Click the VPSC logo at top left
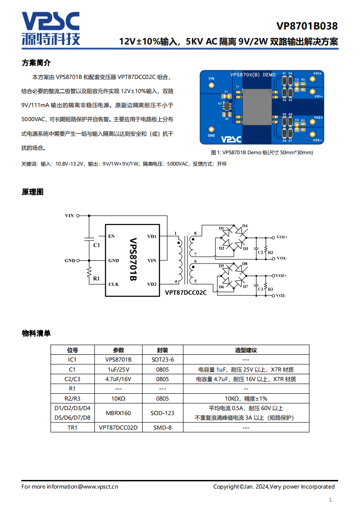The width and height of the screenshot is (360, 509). click(x=51, y=29)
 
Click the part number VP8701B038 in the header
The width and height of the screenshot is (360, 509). click(x=307, y=26)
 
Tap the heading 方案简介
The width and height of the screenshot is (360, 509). click(x=36, y=63)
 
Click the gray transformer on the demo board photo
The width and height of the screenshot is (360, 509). click(x=257, y=107)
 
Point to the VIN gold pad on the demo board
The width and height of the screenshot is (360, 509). click(x=212, y=85)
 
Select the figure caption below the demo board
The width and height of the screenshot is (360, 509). click(x=262, y=152)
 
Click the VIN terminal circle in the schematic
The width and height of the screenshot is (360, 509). click(x=78, y=215)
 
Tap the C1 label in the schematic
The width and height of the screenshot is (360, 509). click(x=97, y=245)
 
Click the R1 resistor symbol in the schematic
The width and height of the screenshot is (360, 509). click(x=89, y=272)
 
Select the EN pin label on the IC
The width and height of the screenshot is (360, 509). click(x=111, y=236)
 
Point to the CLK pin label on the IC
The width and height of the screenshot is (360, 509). click(x=113, y=284)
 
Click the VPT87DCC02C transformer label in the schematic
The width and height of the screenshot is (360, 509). click(x=186, y=293)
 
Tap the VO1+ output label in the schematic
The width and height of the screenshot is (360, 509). click(x=282, y=237)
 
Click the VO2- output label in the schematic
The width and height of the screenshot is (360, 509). click(x=281, y=296)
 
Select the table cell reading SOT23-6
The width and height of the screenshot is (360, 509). click(x=163, y=360)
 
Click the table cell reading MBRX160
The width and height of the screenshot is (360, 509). click(x=118, y=413)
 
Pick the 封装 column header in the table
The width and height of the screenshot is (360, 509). click(x=163, y=350)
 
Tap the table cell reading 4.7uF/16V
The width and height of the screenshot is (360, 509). click(x=118, y=379)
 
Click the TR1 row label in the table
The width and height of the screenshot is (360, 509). click(x=73, y=428)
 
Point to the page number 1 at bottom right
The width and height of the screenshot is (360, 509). click(x=330, y=500)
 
